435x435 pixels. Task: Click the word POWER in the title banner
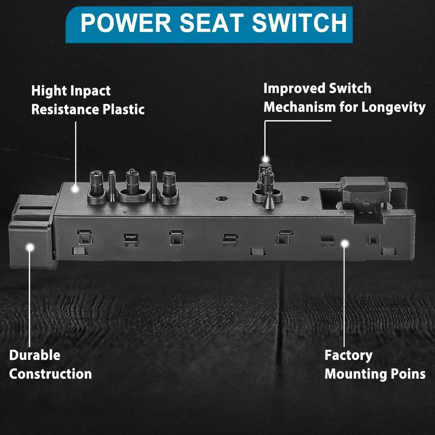coord(126,23)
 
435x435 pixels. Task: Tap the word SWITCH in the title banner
coord(299,23)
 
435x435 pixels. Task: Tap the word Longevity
coord(394,108)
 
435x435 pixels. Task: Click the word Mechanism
coord(300,107)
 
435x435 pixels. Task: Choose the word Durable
coord(35,355)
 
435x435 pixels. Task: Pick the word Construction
coord(50,374)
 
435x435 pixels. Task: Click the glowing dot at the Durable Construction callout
coord(30,247)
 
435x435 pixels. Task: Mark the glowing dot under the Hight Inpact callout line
coord(75,189)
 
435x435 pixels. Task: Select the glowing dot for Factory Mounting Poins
coord(344,244)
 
